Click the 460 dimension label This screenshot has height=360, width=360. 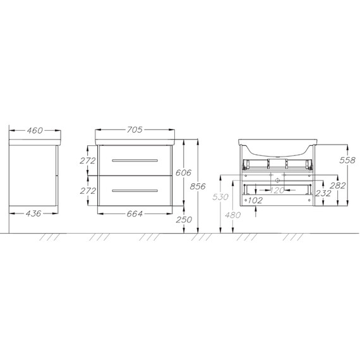click(x=35, y=131)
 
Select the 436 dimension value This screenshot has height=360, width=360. click(x=33, y=213)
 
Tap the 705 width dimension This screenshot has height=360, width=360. click(x=135, y=129)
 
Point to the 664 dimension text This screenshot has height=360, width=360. click(x=135, y=213)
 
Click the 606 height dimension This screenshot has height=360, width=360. click(x=183, y=172)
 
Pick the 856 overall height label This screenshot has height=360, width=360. click(x=198, y=186)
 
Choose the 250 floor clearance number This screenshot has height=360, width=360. click(x=184, y=220)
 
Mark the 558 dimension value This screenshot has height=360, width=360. click(x=347, y=160)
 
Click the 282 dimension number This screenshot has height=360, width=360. click(x=338, y=186)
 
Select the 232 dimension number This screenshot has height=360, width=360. click(x=323, y=193)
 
